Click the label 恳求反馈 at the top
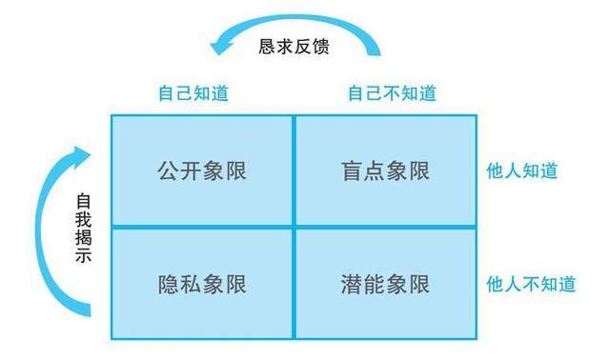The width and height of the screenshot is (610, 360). click(x=295, y=47)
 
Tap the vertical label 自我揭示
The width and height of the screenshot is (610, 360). click(x=83, y=228)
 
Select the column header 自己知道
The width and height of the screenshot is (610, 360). click(x=193, y=93)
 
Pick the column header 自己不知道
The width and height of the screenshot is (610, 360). click(x=392, y=93)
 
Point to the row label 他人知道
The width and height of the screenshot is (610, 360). click(x=522, y=170)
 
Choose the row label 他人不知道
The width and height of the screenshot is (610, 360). click(x=531, y=284)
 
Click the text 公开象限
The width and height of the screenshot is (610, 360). click(x=202, y=171)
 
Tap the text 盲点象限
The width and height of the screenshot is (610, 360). click(x=385, y=171)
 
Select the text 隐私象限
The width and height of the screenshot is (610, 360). click(x=202, y=284)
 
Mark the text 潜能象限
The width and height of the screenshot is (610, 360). click(x=385, y=284)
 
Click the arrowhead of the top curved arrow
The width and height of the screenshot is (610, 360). click(x=221, y=44)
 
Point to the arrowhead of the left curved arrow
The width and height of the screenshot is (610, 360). click(x=81, y=156)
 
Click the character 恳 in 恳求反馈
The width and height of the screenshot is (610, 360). click(x=267, y=47)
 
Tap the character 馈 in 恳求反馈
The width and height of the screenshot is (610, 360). click(x=321, y=47)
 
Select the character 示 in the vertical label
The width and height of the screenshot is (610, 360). click(x=83, y=255)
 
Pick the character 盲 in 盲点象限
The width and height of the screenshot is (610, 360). click(x=352, y=171)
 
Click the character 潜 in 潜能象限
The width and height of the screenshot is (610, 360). click(x=352, y=284)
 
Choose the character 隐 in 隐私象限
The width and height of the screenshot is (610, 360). click(x=168, y=284)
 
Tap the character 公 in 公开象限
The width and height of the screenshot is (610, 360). click(x=168, y=171)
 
